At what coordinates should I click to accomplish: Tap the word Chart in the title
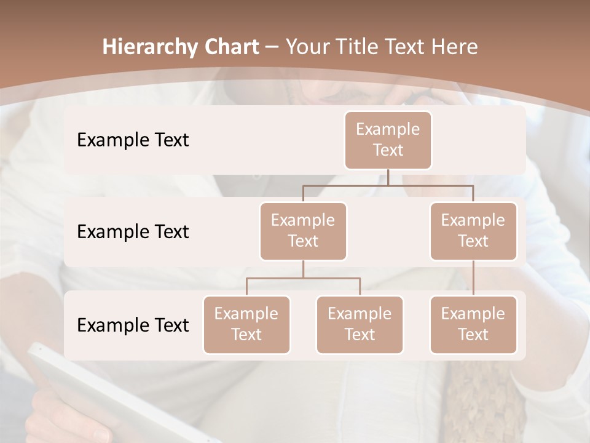232,47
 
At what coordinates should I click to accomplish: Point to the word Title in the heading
359,47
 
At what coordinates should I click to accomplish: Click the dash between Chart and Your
272,48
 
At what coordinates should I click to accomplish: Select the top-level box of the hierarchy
388,140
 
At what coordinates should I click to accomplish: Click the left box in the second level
303,231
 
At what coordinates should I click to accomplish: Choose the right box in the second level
473,231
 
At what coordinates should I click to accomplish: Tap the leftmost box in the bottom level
246,324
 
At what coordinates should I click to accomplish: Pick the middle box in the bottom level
360,324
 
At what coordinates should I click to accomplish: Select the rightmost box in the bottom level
473,324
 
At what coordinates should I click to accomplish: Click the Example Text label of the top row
133,140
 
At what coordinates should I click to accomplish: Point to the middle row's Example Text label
133,231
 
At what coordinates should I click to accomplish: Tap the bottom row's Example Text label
133,325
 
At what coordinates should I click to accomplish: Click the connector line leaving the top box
388,177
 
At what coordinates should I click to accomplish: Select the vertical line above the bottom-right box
473,278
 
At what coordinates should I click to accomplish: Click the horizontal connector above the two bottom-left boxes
303,278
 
